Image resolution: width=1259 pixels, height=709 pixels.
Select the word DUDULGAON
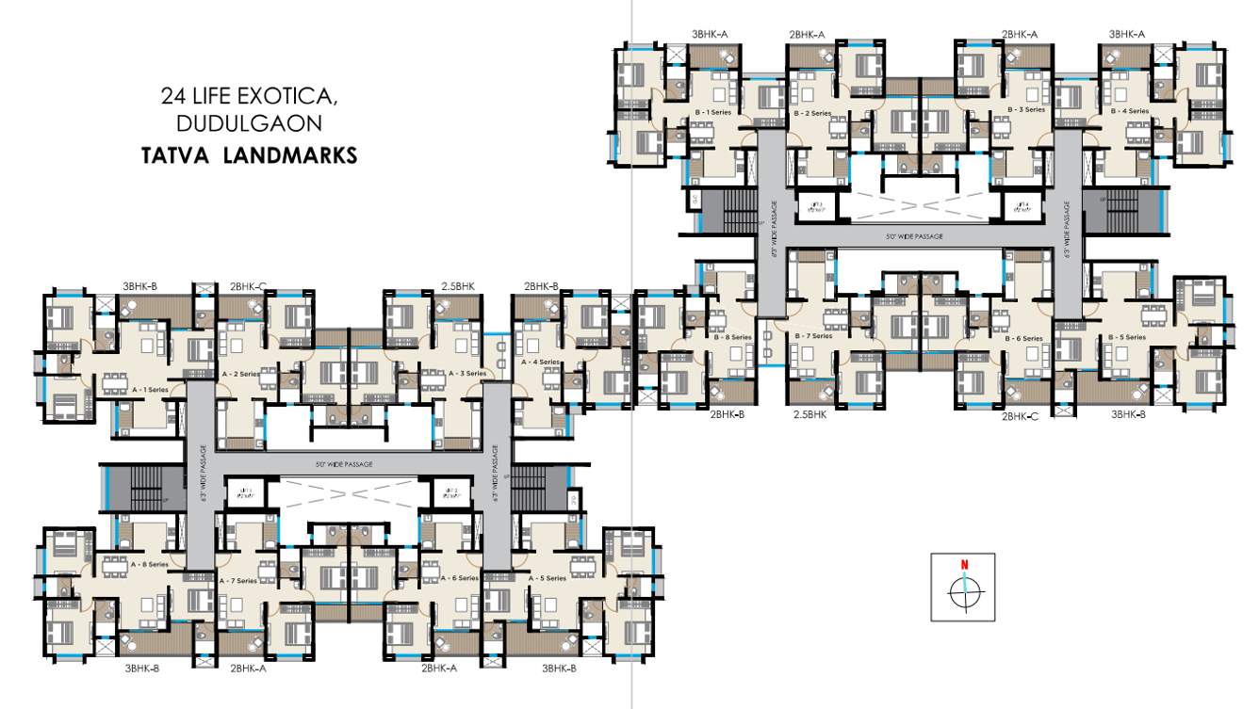click(250, 124)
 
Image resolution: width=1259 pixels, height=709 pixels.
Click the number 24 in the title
click(172, 96)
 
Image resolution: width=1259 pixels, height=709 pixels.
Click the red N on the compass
click(964, 565)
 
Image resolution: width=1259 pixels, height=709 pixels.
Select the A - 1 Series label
click(150, 388)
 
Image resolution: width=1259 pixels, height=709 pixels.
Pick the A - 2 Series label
click(240, 374)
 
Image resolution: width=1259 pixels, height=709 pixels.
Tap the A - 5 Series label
click(548, 578)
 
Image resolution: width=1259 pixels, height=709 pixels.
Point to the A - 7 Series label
click(238, 581)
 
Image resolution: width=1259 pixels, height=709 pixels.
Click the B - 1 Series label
click(712, 111)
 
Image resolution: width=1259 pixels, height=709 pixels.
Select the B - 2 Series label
click(812, 113)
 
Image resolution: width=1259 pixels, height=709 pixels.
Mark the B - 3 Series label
click(1027, 109)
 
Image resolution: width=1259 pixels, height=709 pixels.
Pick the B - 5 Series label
click(1128, 336)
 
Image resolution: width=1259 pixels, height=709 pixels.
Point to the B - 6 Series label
click(1024, 338)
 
